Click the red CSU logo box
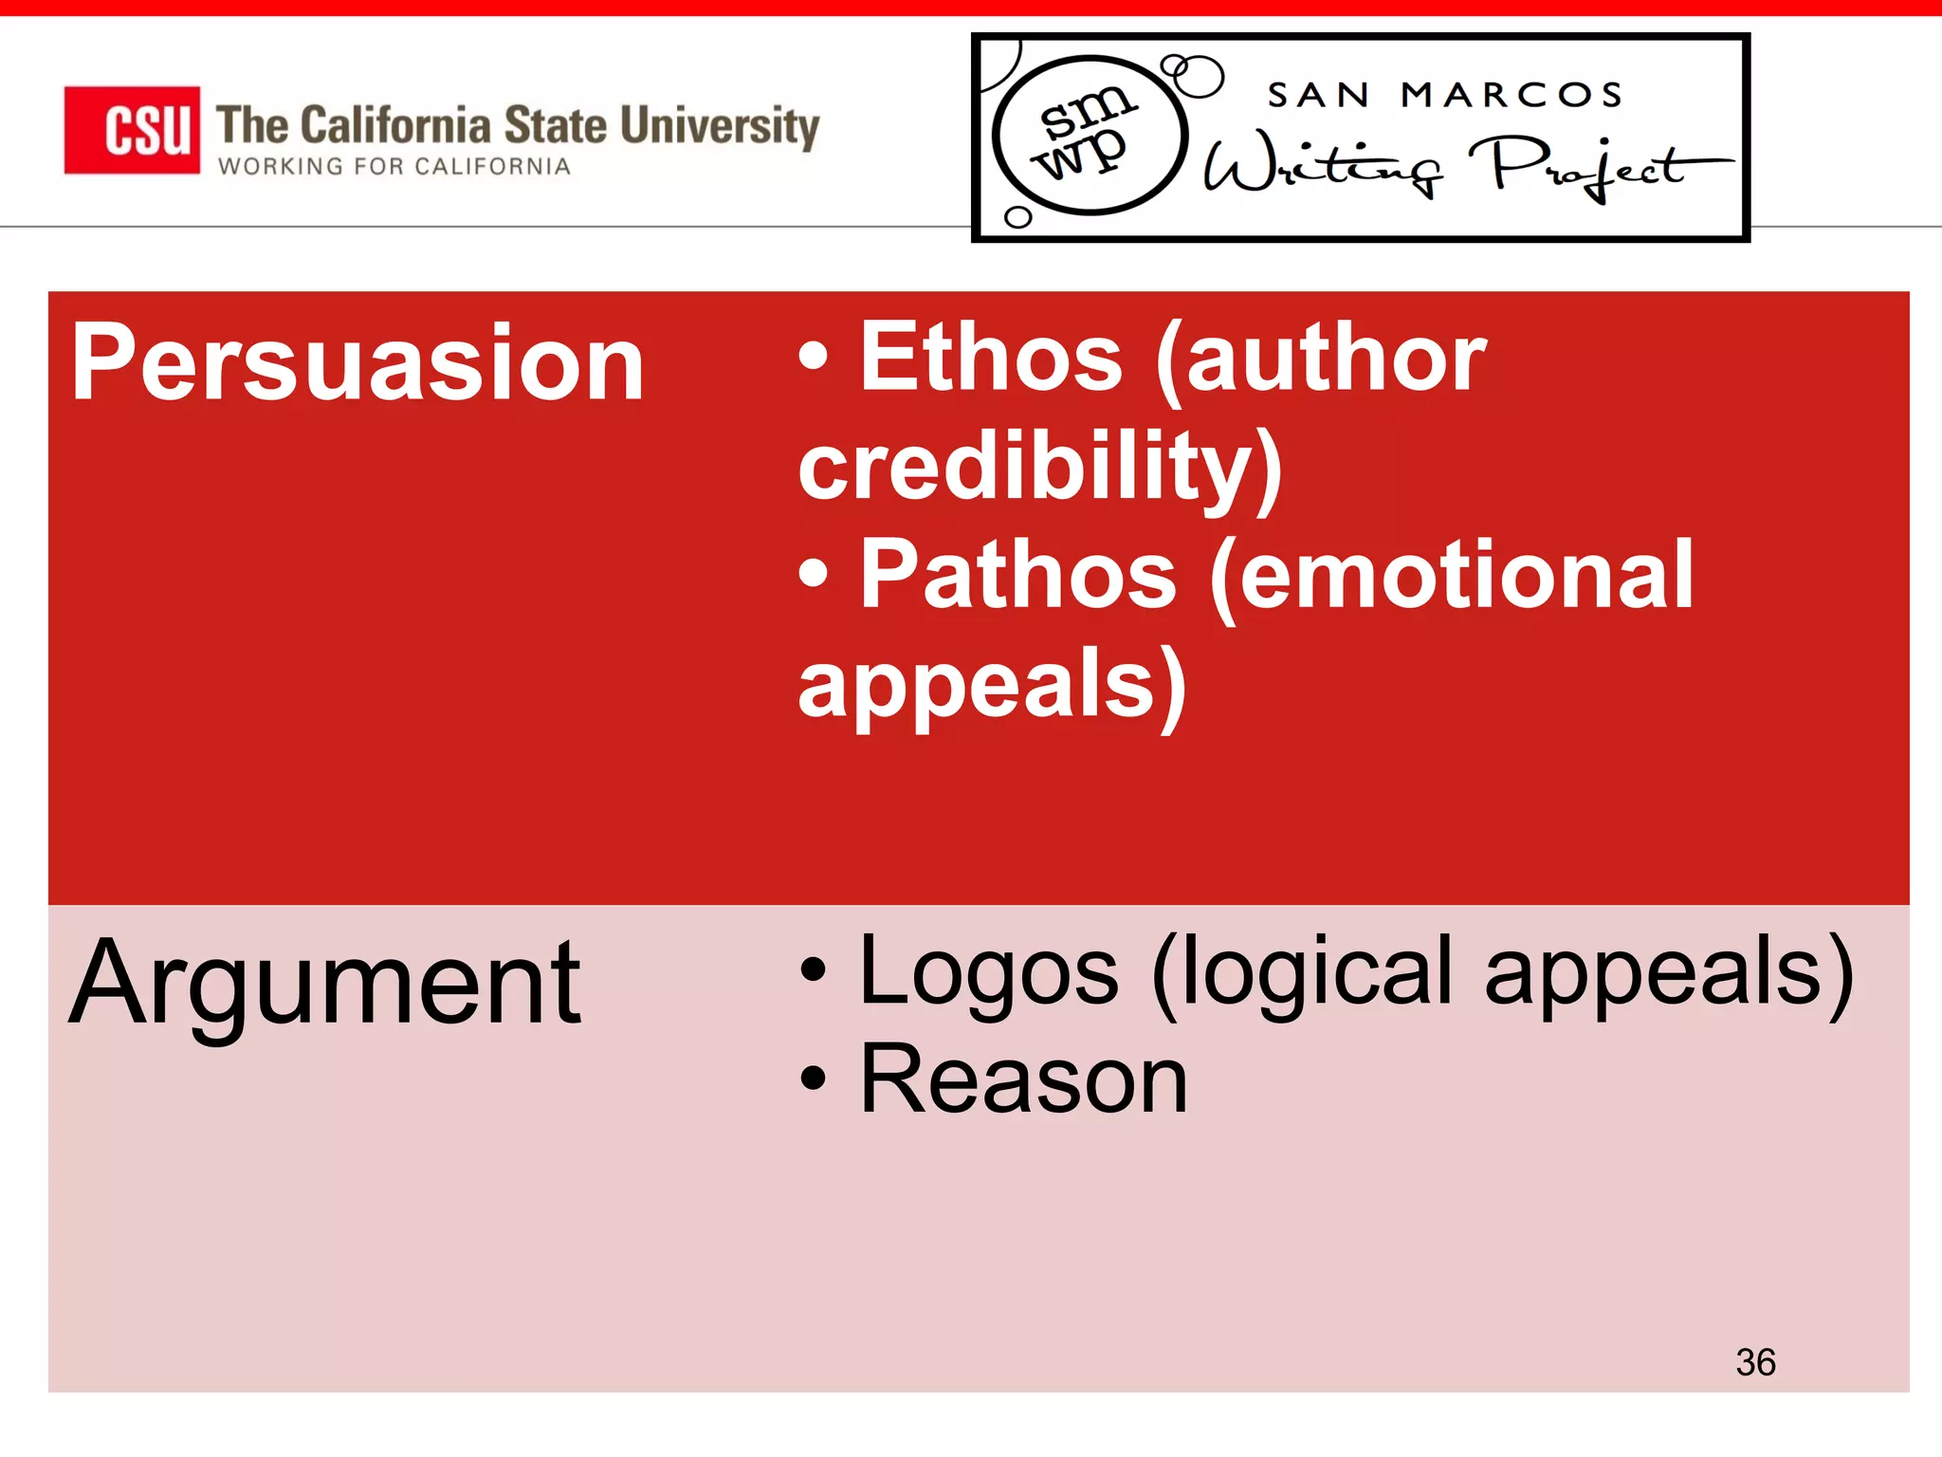point(132,130)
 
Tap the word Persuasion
point(357,363)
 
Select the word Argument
point(325,984)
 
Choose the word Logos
point(988,971)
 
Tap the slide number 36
point(1755,1362)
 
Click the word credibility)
point(1040,468)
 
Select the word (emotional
point(1451,576)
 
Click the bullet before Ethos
point(814,358)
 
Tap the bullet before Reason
point(814,1079)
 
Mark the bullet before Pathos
point(814,573)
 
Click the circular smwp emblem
point(1090,135)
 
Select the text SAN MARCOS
point(1445,95)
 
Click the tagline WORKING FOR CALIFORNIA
point(394,167)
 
